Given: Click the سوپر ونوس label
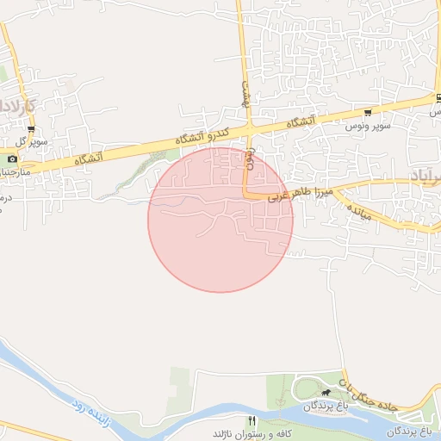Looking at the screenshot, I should pyautogui.click(x=369, y=127).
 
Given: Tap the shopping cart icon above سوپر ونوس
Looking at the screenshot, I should pyautogui.click(x=369, y=113).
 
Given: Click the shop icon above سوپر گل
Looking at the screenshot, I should pyautogui.click(x=31, y=130).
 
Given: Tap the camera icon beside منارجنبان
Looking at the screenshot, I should pyautogui.click(x=11, y=158).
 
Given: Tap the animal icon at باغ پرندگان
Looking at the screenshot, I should pyautogui.click(x=325, y=393).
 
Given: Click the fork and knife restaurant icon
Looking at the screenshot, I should pyautogui.click(x=252, y=420).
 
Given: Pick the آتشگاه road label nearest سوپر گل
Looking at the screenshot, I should pyautogui.click(x=89, y=158).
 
